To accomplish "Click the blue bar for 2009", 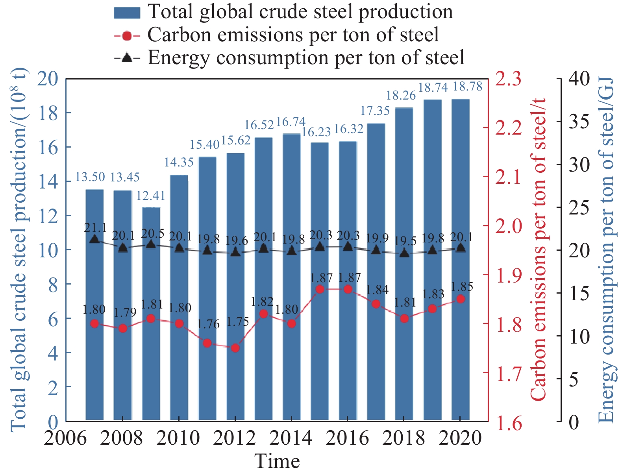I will (x=151, y=315).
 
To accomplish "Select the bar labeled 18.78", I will (x=460, y=260).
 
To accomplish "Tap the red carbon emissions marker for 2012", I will (x=235, y=348).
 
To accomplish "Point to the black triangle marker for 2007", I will (x=94, y=239).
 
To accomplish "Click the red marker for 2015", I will (x=320, y=289).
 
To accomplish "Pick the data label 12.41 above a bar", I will (x=151, y=196).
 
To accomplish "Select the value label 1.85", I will (x=461, y=286).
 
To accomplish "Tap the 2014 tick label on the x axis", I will (x=291, y=438).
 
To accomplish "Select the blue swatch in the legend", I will (x=127, y=13).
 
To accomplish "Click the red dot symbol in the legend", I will (x=127, y=36).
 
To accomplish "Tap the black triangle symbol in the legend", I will (x=127, y=58).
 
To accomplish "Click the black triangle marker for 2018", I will (x=404, y=253).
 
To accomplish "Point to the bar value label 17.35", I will (x=375, y=111).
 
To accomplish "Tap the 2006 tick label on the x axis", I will (x=65, y=438).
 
